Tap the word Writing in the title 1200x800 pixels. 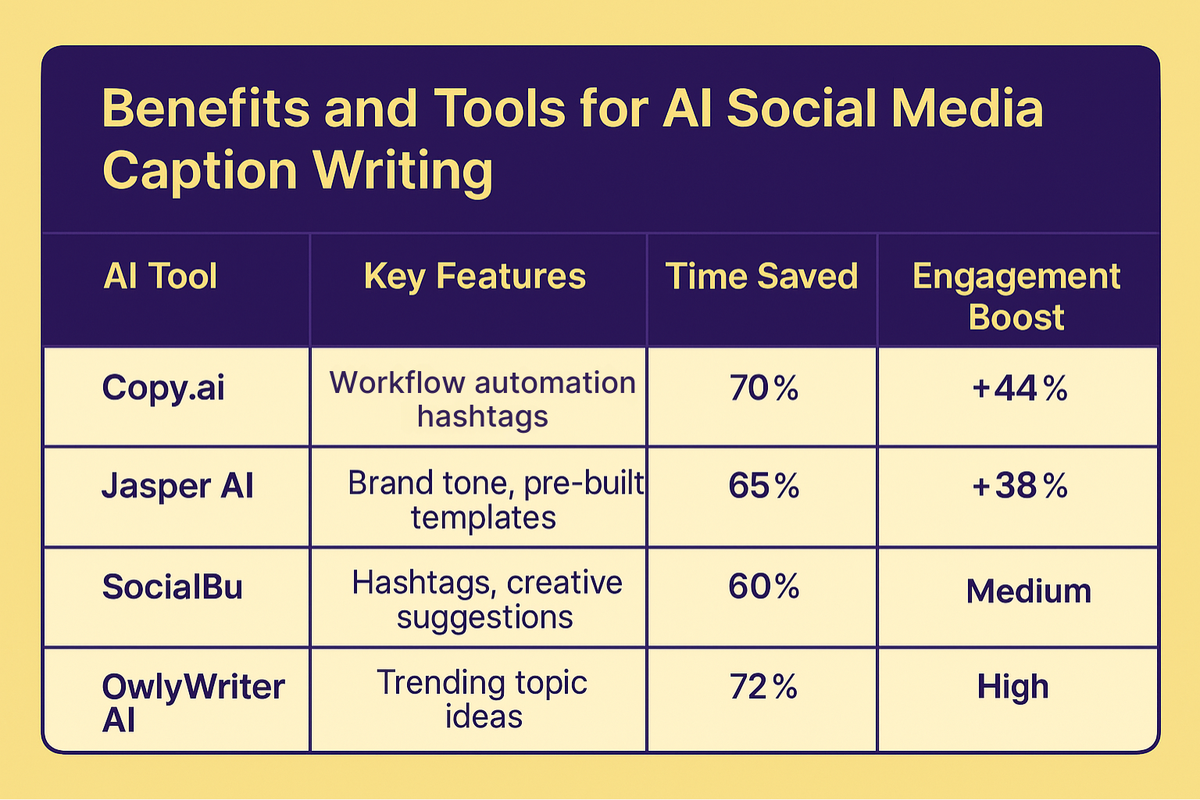pyautogui.click(x=403, y=170)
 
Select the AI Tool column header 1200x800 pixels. pyautogui.click(x=160, y=277)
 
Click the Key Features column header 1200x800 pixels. pyautogui.click(x=475, y=277)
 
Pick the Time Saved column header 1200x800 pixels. pyautogui.click(x=762, y=277)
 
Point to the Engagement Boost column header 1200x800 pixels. pyautogui.click(x=1016, y=296)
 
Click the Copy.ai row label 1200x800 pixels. pyautogui.click(x=163, y=387)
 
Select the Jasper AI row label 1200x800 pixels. pyautogui.click(x=177, y=486)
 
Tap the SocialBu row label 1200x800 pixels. pyautogui.click(x=172, y=587)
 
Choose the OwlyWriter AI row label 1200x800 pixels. pyautogui.click(x=192, y=702)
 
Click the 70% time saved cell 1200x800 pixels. pyautogui.click(x=763, y=388)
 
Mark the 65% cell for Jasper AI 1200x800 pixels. pyautogui.click(x=763, y=486)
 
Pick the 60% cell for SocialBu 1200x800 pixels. pyautogui.click(x=763, y=587)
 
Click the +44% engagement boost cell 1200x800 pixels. pyautogui.click(x=1020, y=388)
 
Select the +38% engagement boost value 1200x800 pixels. pyautogui.click(x=1020, y=486)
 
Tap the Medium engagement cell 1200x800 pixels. pyautogui.click(x=1028, y=591)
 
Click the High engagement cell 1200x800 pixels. pyautogui.click(x=1012, y=687)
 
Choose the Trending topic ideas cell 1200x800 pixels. pyautogui.click(x=482, y=699)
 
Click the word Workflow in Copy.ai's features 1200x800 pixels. pyautogui.click(x=397, y=383)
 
